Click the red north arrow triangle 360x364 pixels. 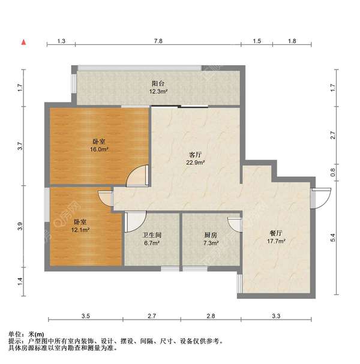pyautogui.click(x=23, y=42)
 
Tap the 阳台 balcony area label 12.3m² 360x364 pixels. pyautogui.click(x=158, y=88)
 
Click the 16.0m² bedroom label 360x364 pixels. pyautogui.click(x=99, y=145)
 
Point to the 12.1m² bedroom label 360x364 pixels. pyautogui.click(x=80, y=225)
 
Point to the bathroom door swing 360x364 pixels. pyautogui.click(x=134, y=221)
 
